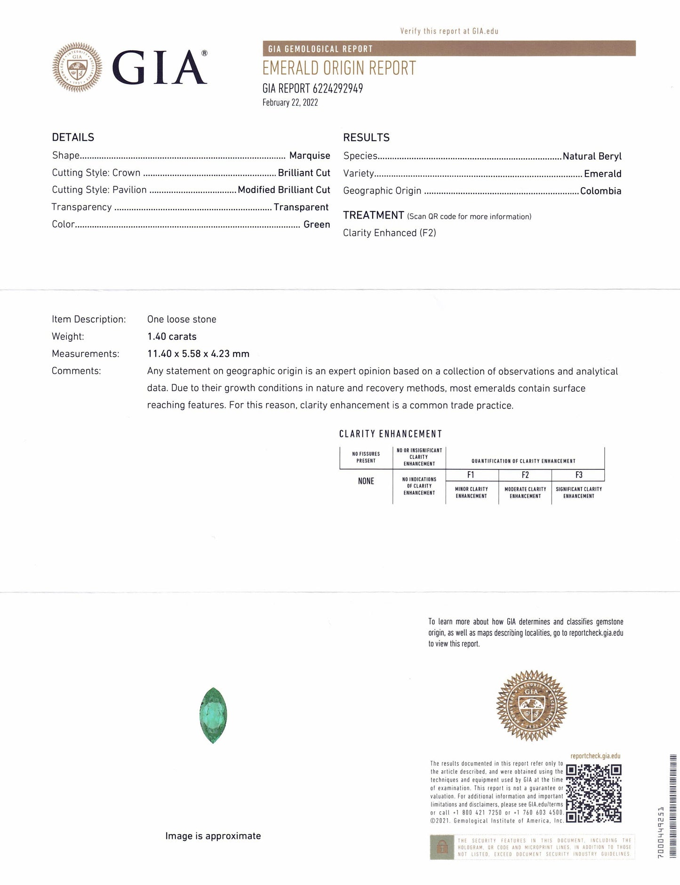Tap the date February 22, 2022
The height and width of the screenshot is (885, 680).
pos(290,103)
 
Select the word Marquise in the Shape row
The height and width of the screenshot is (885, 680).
pos(310,156)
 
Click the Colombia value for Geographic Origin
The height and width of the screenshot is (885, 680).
pos(600,191)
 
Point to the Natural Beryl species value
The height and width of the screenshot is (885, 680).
pos(592,156)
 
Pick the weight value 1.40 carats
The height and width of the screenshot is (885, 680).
pos(172,336)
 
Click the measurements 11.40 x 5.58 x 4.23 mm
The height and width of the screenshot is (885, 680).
pos(198,354)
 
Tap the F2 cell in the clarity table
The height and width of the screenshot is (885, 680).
pos(525,475)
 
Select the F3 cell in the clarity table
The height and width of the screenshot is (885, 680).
pos(578,475)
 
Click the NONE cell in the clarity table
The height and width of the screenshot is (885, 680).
pos(366,481)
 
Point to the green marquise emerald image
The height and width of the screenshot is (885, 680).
pos(213,715)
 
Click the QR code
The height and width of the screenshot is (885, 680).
pos(593,793)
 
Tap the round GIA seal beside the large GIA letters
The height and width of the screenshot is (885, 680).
pos(77,67)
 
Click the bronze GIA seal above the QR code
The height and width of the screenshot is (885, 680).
pos(532,704)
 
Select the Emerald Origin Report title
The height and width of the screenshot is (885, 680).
pos(339,69)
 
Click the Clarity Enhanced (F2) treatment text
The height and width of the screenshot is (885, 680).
pos(389,233)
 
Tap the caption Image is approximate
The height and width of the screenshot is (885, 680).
pos(213,836)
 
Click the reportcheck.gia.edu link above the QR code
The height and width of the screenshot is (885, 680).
pos(595,756)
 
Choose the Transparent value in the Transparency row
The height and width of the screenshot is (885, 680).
pos(301,207)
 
